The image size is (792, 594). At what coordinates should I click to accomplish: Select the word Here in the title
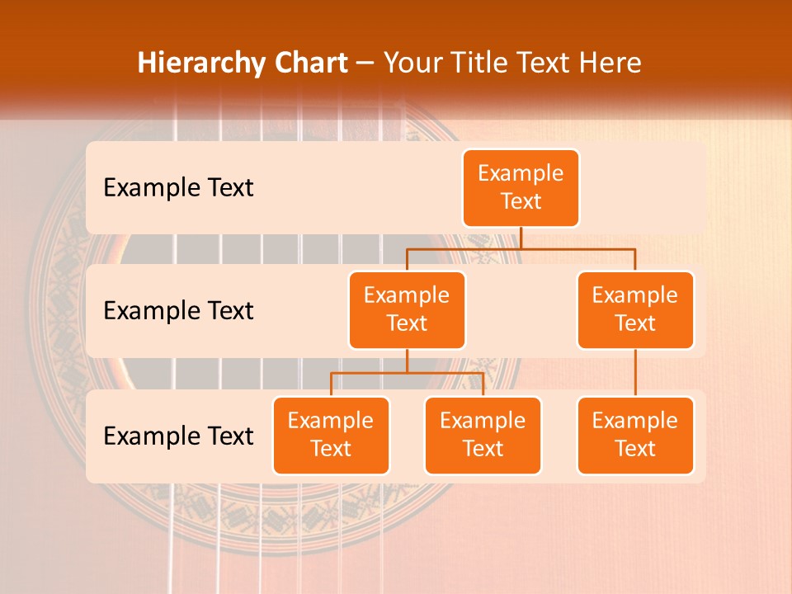pos(609,63)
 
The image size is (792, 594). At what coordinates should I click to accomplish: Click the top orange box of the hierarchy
pos(521,187)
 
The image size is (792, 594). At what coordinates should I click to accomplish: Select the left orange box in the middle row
pos(407,309)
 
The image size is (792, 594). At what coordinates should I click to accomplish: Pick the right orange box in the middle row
pos(635,309)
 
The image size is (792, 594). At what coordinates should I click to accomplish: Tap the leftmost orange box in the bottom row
pos(331,435)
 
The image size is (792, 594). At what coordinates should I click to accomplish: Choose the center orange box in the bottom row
pos(483,435)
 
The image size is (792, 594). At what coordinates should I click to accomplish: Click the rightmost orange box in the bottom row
pos(635,435)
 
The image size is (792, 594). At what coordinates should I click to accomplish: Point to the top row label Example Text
pos(178,187)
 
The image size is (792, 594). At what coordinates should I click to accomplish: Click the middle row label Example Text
pos(178,310)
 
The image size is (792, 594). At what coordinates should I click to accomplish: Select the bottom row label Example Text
pos(178,436)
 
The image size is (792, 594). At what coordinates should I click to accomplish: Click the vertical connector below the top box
pos(521,238)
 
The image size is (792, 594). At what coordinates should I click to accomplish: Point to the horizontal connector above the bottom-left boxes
pos(407,373)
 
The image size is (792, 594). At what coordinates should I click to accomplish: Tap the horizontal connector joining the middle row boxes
pos(577,248)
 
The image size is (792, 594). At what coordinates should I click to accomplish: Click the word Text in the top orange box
pos(521,201)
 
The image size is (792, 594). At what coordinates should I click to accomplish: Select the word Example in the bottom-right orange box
pos(635,421)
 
